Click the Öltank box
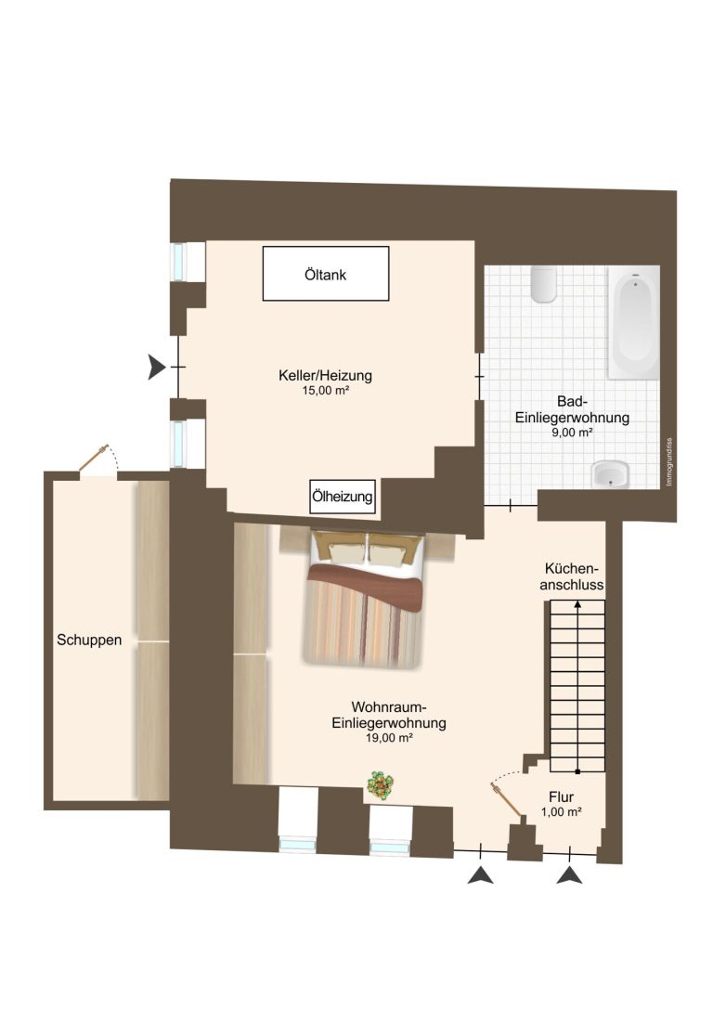coord(326,274)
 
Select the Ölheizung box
coord(342,497)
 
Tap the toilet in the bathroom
coord(544,284)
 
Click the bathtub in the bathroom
coord(634,322)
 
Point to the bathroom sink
coord(610,474)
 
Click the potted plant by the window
coord(381,786)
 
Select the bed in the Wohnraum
coord(364,599)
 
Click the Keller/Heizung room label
coord(325,375)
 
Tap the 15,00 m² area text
coord(326,390)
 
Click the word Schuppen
coord(89,640)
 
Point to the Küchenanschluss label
coord(572,576)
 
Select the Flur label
coord(561,796)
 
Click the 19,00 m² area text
coord(389,738)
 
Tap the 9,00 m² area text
coord(572,433)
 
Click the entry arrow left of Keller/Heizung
coord(156,367)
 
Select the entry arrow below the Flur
coord(569,875)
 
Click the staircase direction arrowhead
coord(577,605)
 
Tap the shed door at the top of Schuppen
coord(95,459)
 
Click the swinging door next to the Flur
coord(507,803)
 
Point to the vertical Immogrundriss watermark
coord(669,461)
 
